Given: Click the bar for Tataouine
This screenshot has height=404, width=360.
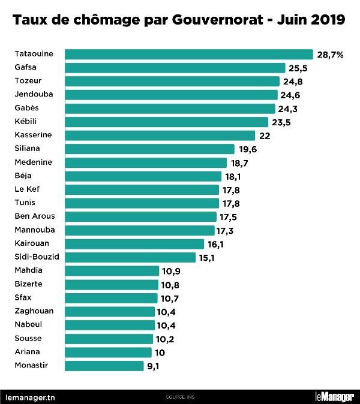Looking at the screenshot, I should coord(188,54).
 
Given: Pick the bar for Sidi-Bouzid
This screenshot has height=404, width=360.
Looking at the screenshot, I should coord(130,257).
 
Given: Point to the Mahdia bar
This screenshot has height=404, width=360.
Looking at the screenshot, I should coord(111,270).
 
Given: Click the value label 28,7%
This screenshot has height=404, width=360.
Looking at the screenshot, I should coord(330,55).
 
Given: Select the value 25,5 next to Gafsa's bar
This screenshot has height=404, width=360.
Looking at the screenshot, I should coord(299,68).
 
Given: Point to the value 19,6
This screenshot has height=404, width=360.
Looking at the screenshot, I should coord(248,149).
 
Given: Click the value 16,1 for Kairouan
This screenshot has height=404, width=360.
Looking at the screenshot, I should coord(217,244).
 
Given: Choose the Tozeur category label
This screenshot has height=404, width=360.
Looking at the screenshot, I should coord(28,81).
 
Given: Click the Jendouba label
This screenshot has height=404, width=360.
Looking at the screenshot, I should coord(33,95).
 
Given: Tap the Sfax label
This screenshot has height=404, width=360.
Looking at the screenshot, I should coord(23,297).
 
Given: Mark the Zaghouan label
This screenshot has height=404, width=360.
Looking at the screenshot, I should coord(34,311).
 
